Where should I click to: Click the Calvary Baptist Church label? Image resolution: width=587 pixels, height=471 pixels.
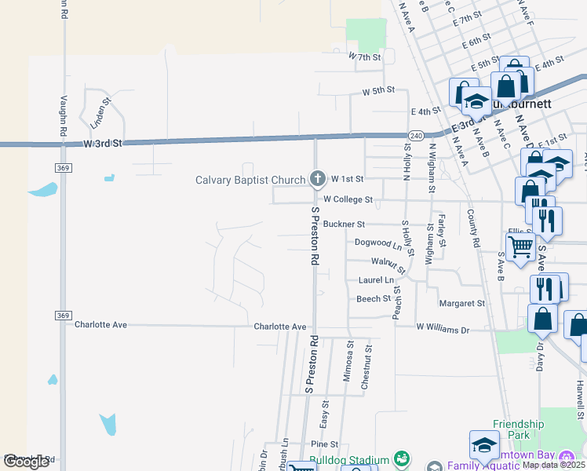[x=250, y=180]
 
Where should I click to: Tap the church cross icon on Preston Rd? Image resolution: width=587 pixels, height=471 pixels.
[x=318, y=179]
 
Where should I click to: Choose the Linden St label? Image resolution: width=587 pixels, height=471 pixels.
[x=101, y=112]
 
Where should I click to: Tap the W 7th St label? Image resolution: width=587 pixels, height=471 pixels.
[x=365, y=57]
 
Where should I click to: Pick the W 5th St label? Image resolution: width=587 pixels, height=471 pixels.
[x=377, y=91]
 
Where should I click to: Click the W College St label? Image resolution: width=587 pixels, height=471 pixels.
[x=348, y=200]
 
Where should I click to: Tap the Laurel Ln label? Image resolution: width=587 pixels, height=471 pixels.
[x=376, y=279]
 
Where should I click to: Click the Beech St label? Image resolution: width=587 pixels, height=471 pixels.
[x=374, y=299]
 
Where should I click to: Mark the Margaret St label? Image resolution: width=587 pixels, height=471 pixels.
[x=462, y=303]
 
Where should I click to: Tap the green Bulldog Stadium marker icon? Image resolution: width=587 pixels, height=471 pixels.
[x=402, y=458]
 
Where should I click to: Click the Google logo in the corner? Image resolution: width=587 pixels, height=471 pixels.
[x=26, y=462]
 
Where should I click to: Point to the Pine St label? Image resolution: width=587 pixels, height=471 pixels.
[x=324, y=444]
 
